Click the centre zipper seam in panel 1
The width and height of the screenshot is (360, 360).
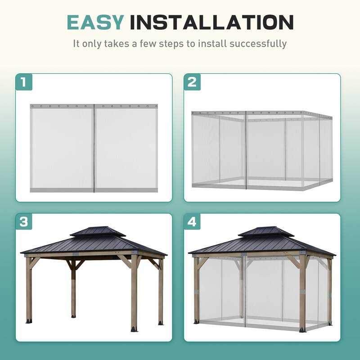click(x=94, y=148)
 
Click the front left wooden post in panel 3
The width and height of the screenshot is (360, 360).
click(x=29, y=290)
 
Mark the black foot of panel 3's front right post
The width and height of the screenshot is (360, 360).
click(x=134, y=328)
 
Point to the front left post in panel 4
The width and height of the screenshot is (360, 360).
click(x=197, y=290)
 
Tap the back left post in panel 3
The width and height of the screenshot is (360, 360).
click(x=72, y=288)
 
